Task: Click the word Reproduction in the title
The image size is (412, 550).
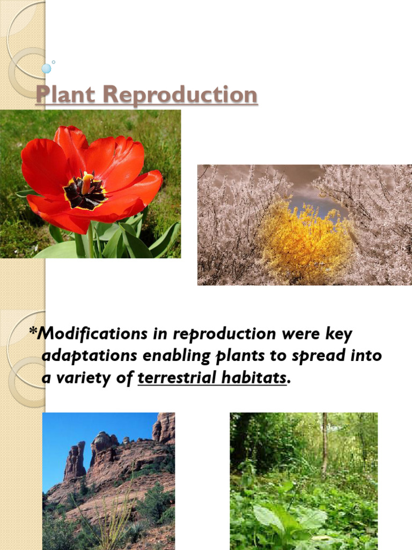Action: (181, 95)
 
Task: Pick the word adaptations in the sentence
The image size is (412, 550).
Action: (85, 356)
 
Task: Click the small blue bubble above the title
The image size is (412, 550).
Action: (47, 68)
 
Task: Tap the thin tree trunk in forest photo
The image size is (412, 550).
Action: (325, 440)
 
